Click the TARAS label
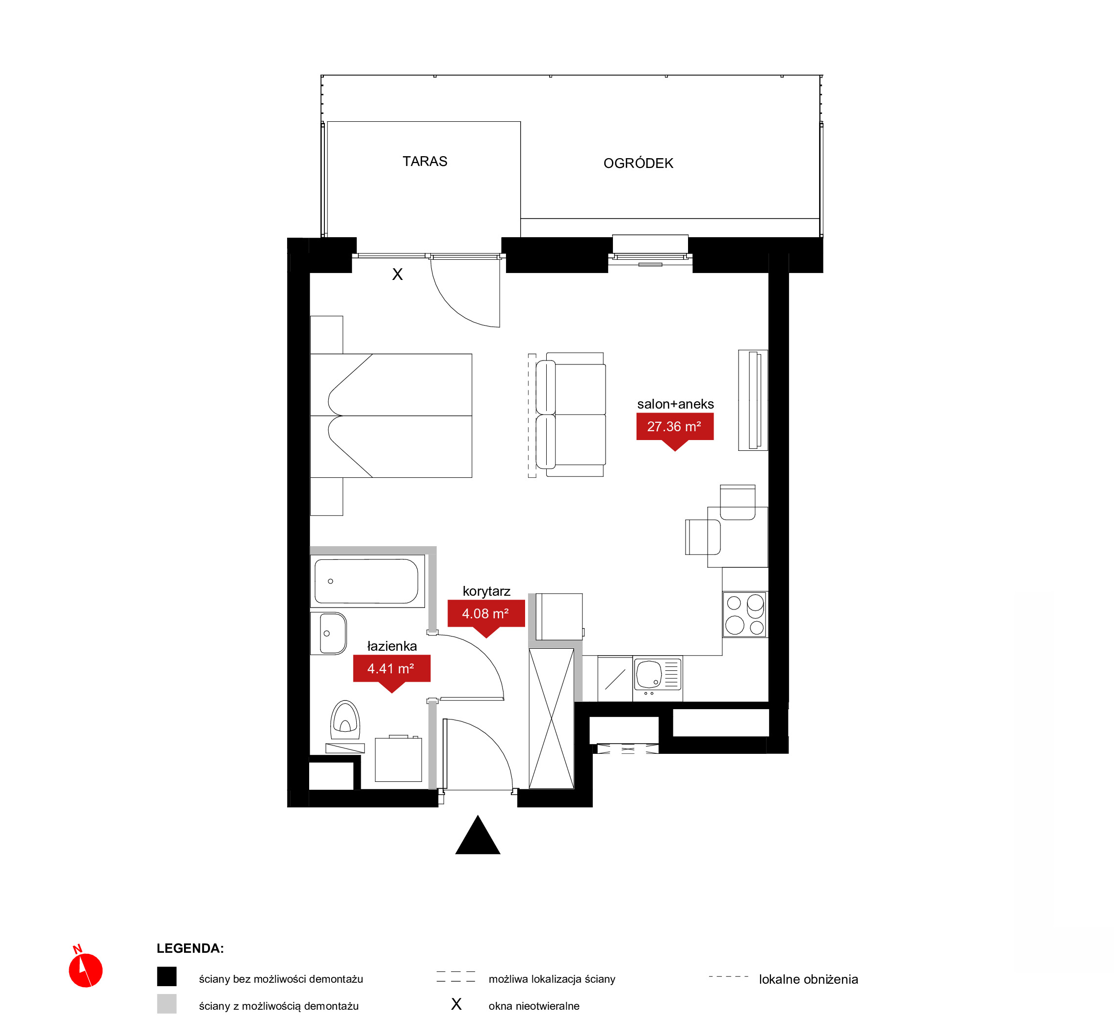[425, 161]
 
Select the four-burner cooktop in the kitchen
[744, 614]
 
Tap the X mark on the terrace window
[397, 274]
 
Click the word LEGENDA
[190, 948]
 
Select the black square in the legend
[166, 976]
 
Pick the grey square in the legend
[166, 1004]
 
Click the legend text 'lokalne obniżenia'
[808, 979]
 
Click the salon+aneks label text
[675, 404]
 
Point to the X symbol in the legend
[456, 1004]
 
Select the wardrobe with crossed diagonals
[551, 719]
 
